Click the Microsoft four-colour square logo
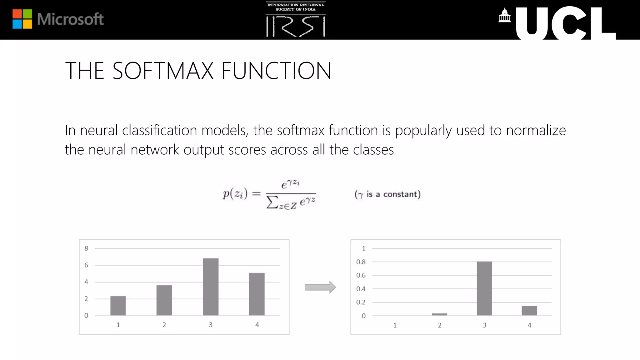(22, 19)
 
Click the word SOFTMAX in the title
(163, 71)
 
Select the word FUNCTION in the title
(276, 71)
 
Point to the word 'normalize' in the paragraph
(536, 130)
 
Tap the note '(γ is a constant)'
(387, 194)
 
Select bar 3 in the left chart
(211, 287)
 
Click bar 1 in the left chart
(118, 306)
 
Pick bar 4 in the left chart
(257, 294)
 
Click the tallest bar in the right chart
(484, 288)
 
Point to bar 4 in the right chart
(529, 311)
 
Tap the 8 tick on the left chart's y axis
(86, 248)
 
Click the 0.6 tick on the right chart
(361, 275)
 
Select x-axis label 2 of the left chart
(164, 325)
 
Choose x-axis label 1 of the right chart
(395, 325)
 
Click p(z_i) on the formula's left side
(235, 194)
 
